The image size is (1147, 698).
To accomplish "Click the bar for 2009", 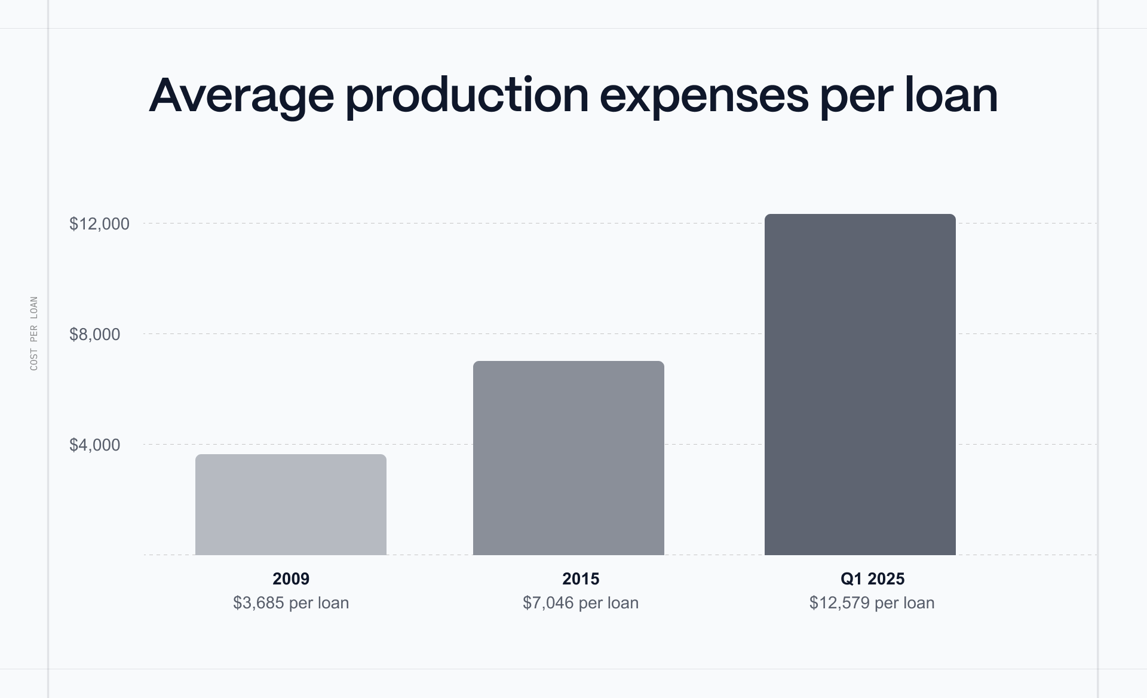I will tap(291, 505).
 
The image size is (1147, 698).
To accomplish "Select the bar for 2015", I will tap(568, 458).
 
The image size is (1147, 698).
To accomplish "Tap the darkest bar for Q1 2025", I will tap(860, 385).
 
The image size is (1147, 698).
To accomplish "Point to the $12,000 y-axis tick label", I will tap(99, 224).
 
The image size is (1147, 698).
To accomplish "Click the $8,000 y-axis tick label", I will tap(94, 335).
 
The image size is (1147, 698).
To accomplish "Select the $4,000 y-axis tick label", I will tap(94, 445).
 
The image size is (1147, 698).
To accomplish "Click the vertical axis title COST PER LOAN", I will tap(34, 333).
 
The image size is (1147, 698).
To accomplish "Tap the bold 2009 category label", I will tap(291, 578).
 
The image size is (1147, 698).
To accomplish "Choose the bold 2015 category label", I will tap(581, 578).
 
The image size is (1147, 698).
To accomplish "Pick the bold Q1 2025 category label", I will tap(872, 578).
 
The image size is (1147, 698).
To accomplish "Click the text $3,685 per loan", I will tap(291, 602).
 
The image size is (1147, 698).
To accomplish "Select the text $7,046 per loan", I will tap(581, 602).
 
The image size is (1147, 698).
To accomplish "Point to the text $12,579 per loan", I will tap(872, 602).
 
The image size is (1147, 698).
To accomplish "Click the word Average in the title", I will tap(241, 96).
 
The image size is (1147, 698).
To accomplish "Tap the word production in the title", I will tap(467, 96).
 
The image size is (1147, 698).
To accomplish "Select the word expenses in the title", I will tap(704, 96).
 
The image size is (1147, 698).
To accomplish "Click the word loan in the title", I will tap(951, 96).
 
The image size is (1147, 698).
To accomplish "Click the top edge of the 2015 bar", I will tap(568, 362).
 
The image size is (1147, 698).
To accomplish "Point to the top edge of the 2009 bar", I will tap(291, 455).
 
